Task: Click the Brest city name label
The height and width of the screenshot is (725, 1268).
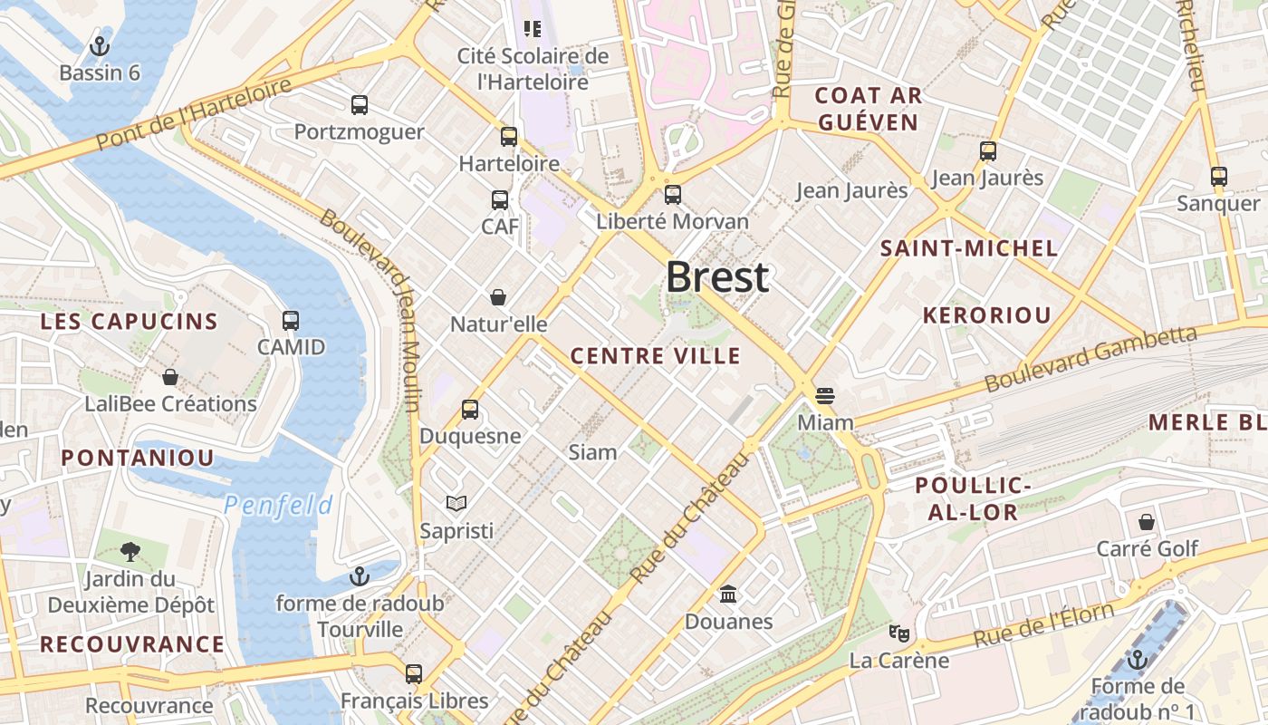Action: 717,277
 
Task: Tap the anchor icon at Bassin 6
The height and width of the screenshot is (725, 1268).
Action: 100,45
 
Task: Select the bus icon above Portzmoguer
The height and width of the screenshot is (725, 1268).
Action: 360,105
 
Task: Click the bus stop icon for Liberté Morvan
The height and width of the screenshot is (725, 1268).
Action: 672,195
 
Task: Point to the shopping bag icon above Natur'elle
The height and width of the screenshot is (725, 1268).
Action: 497,297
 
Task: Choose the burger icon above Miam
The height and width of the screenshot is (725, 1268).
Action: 824,396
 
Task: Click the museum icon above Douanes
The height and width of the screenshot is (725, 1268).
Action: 728,594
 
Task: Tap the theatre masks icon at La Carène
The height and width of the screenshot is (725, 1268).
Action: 898,633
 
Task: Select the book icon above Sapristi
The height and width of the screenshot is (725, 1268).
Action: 456,503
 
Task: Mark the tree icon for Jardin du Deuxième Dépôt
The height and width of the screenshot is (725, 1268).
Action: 130,551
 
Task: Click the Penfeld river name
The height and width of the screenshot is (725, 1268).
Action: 278,505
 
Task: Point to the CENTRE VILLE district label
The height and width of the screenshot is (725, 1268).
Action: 656,356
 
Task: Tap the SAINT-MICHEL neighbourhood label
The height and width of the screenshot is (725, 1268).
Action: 969,248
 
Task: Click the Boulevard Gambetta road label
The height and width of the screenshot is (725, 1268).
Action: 1090,359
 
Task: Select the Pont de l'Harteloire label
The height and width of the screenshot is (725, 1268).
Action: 194,114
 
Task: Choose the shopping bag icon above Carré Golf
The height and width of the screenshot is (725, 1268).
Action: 1147,522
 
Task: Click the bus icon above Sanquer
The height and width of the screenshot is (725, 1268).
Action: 1218,177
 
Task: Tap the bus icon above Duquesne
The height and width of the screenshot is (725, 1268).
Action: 469,410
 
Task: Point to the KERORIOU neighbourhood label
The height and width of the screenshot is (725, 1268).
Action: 986,315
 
